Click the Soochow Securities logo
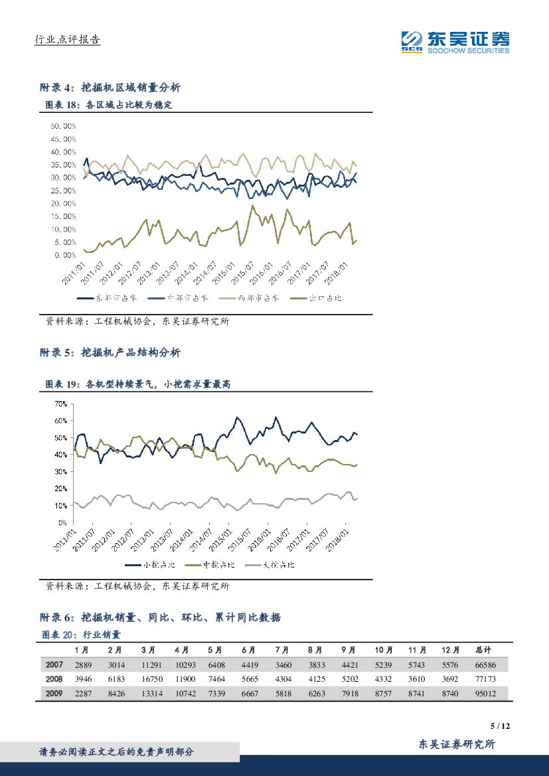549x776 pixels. (x=455, y=42)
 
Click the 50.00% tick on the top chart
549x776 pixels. (x=62, y=125)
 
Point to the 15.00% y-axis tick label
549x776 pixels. (x=62, y=216)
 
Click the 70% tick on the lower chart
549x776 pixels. (x=61, y=404)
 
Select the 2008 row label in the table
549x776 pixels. (x=54, y=678)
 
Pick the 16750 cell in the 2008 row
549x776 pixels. (x=153, y=678)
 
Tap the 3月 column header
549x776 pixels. (x=149, y=649)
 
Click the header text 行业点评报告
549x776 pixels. (x=67, y=40)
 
